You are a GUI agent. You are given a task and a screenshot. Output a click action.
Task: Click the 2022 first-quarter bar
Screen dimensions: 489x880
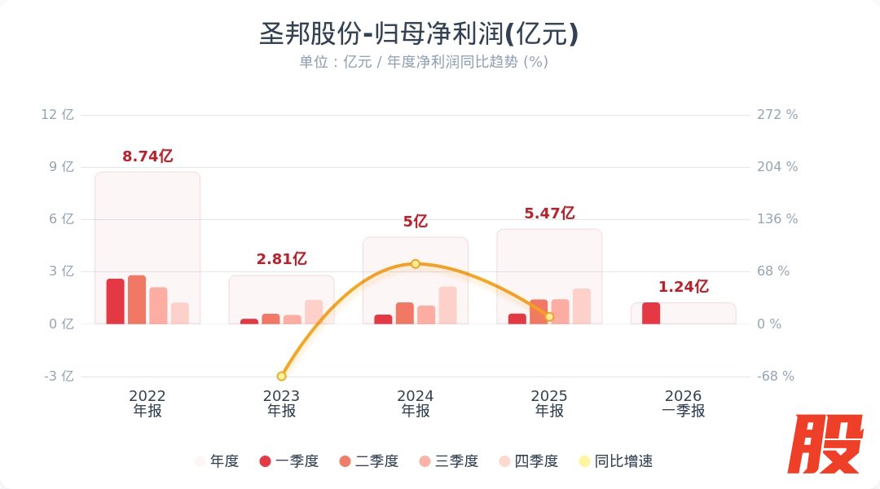pyautogui.click(x=116, y=302)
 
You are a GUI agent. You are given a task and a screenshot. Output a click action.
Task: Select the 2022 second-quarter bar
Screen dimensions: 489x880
pyautogui.click(x=137, y=300)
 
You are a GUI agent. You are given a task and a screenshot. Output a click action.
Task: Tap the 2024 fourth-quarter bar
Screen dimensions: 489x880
pyautogui.click(x=447, y=306)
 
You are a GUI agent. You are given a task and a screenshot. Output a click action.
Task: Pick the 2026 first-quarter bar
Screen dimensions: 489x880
pyautogui.click(x=651, y=314)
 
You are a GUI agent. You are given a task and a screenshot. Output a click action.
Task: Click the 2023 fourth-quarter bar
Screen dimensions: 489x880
pyautogui.click(x=314, y=312)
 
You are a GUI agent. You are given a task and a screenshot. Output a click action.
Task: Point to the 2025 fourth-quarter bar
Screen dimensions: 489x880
pyautogui.click(x=582, y=306)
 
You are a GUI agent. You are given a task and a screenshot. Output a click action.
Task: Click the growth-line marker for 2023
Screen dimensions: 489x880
pyautogui.click(x=282, y=376)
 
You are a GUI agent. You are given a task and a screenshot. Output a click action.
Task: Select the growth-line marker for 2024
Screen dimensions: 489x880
pyautogui.click(x=416, y=264)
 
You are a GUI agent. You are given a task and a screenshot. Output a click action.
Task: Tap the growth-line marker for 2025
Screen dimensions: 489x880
pyautogui.click(x=549, y=316)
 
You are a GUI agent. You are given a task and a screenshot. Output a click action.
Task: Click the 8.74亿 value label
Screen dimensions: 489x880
pyautogui.click(x=147, y=156)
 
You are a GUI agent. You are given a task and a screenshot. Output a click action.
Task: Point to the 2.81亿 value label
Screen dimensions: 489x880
pyautogui.click(x=281, y=259)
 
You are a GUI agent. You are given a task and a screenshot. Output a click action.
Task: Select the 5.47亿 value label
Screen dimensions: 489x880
pyautogui.click(x=549, y=214)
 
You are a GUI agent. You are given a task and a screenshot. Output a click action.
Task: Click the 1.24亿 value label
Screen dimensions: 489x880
pyautogui.click(x=683, y=287)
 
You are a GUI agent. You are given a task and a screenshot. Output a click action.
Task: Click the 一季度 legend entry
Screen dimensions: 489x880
pyautogui.click(x=288, y=461)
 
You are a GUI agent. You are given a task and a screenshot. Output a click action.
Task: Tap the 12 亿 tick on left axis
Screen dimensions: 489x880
pyautogui.click(x=57, y=114)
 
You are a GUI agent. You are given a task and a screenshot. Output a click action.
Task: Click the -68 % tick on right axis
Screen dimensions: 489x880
pyautogui.click(x=776, y=377)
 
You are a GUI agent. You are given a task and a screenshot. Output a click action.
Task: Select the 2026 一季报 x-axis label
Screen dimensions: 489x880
pyautogui.click(x=683, y=403)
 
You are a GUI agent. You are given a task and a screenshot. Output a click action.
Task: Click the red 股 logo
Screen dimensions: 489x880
pyautogui.click(x=829, y=444)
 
